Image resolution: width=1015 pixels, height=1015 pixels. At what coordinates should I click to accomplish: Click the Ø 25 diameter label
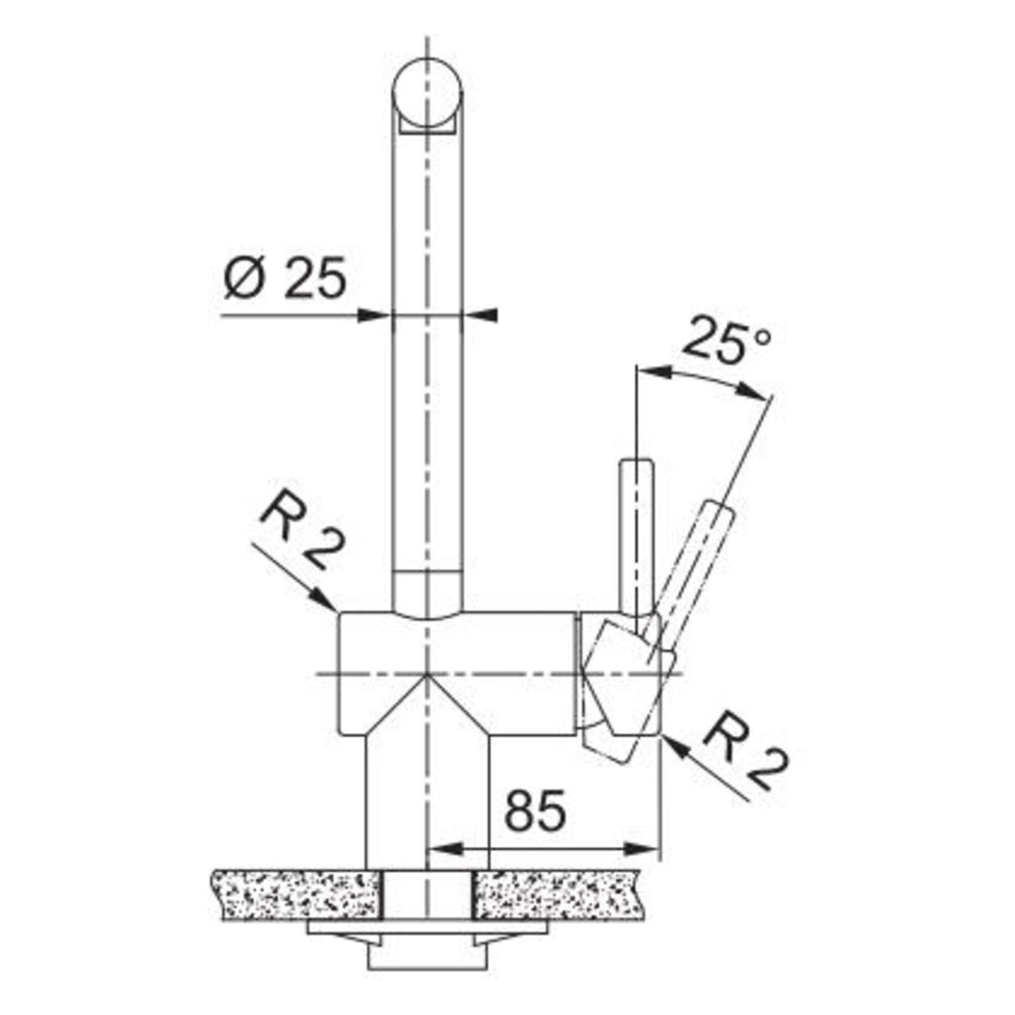click(285, 278)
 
